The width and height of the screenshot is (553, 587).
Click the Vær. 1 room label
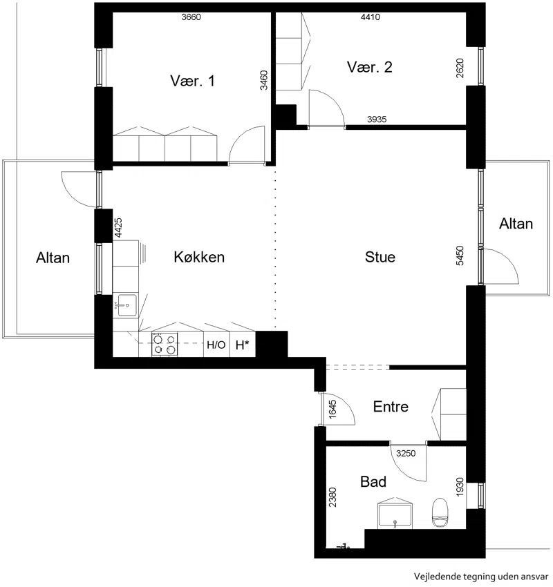(193, 81)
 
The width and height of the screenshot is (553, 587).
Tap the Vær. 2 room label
(369, 67)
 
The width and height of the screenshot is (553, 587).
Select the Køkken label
(199, 257)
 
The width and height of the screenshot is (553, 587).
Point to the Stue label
(380, 257)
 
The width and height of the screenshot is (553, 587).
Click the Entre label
(391, 407)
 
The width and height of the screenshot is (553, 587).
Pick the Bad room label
(373, 481)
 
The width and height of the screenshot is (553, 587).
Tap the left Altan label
(53, 258)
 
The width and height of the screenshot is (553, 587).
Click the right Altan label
(516, 224)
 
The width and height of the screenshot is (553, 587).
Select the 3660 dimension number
(191, 17)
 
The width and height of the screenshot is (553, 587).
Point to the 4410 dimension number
(371, 17)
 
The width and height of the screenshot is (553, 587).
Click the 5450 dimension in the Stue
(460, 256)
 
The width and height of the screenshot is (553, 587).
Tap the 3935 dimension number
(377, 119)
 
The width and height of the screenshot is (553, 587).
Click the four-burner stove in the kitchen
(165, 344)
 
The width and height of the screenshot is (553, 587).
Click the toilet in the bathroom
(440, 512)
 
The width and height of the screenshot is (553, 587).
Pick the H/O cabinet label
(216, 345)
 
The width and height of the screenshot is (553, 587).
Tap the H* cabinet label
(242, 345)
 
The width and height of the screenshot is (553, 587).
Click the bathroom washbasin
(395, 515)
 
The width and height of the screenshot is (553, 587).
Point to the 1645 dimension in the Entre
(332, 409)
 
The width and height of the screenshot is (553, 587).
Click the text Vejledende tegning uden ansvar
(481, 577)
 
